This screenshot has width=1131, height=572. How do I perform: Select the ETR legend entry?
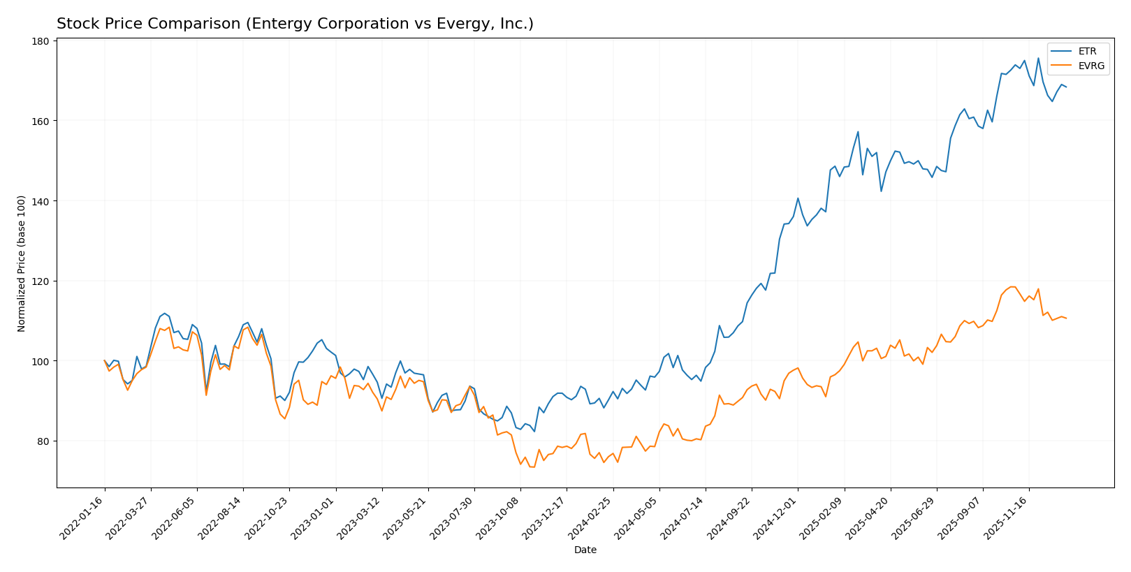(1087, 52)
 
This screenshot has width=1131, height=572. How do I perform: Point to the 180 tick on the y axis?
(40, 41)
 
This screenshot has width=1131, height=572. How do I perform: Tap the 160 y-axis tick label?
(40, 122)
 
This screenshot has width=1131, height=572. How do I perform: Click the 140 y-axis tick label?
(40, 201)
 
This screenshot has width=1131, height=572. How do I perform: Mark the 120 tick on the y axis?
(40, 281)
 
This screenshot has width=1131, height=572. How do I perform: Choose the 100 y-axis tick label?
(40, 361)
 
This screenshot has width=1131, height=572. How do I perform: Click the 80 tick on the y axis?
(42, 441)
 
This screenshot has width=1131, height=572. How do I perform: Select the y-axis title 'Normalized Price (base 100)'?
(22, 263)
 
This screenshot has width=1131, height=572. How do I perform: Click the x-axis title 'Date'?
(585, 550)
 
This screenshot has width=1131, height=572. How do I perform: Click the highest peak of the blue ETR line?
(1038, 58)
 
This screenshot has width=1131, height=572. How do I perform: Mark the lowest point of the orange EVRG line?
(534, 467)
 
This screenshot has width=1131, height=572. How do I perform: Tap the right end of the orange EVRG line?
(1066, 318)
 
